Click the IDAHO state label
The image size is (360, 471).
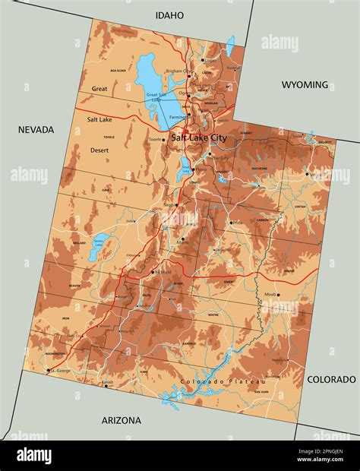tap(169, 15)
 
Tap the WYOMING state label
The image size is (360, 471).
tap(305, 84)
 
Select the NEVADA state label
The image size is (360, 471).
tap(36, 130)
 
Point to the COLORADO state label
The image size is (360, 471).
tap(331, 379)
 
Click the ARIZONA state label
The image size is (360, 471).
tap(122, 420)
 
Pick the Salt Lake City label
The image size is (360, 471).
tap(198, 138)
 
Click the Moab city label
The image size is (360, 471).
tap(289, 295)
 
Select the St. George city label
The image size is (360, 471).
tap(60, 371)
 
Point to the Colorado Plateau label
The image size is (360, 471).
tap(223, 381)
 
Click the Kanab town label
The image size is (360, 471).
tap(108, 383)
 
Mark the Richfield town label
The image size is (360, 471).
tap(162, 272)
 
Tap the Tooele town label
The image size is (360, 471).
tap(155, 140)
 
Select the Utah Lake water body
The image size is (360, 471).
tap(184, 172)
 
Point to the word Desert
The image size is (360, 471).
tap(99, 150)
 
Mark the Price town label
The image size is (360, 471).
tap(238, 222)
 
